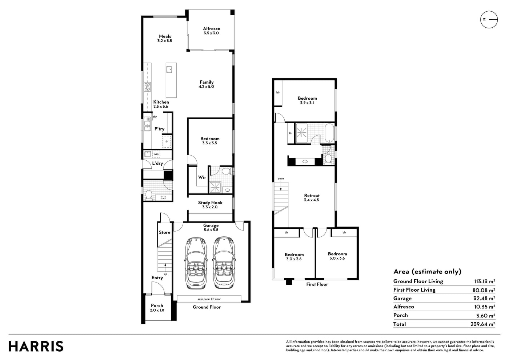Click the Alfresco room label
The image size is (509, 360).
click(x=212, y=29)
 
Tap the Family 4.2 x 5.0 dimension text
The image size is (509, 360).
click(x=207, y=87)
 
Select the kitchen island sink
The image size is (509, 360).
click(x=169, y=69)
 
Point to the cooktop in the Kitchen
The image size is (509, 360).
click(x=147, y=87)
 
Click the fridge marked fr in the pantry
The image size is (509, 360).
click(x=167, y=141)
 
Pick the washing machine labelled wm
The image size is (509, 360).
click(x=156, y=154)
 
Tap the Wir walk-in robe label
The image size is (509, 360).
click(x=202, y=177)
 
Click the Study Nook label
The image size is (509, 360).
click(x=210, y=203)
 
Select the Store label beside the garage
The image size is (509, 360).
click(x=164, y=232)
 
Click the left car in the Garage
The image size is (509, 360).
click(x=196, y=263)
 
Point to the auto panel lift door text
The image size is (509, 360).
click(x=209, y=299)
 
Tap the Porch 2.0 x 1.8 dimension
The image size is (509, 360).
click(x=157, y=310)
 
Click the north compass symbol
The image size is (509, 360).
click(x=489, y=20)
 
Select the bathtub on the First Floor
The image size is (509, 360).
click(x=329, y=133)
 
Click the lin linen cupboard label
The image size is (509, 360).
click(x=290, y=133)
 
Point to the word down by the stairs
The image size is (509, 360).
click(x=281, y=179)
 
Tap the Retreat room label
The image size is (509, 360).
click(x=312, y=196)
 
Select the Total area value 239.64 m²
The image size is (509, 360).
click(x=483, y=324)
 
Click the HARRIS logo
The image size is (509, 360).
click(x=36, y=346)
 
